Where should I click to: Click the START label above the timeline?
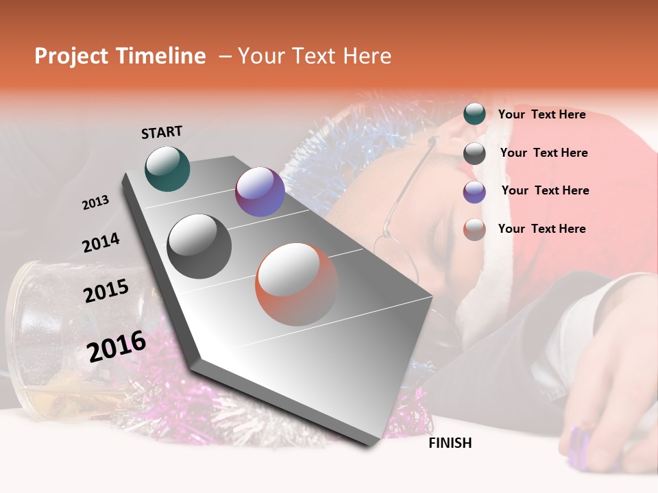pyautogui.click(x=162, y=132)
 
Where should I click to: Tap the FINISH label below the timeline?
pyautogui.click(x=450, y=443)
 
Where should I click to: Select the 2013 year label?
pyautogui.click(x=95, y=203)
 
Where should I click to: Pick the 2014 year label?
pyautogui.click(x=101, y=243)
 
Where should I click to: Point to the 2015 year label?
pyautogui.click(x=106, y=291)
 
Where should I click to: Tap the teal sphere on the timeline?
pyautogui.click(x=167, y=168)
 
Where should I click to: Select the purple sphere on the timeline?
pyautogui.click(x=260, y=192)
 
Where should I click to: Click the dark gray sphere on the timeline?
pyautogui.click(x=199, y=246)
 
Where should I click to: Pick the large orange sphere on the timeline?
pyautogui.click(x=297, y=284)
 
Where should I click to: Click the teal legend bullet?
pyautogui.click(x=474, y=114)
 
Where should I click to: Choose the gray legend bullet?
pyautogui.click(x=474, y=153)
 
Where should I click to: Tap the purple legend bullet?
pyautogui.click(x=474, y=192)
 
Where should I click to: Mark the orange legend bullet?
pyautogui.click(x=474, y=229)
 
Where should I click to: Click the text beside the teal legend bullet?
pyautogui.click(x=541, y=114)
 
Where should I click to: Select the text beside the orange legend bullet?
pyautogui.click(x=541, y=229)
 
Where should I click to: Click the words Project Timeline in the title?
pyautogui.click(x=120, y=56)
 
